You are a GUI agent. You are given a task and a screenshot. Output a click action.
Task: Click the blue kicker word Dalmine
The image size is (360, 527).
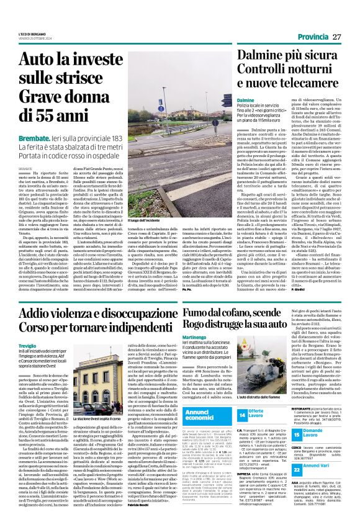click(x=246, y=100)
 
